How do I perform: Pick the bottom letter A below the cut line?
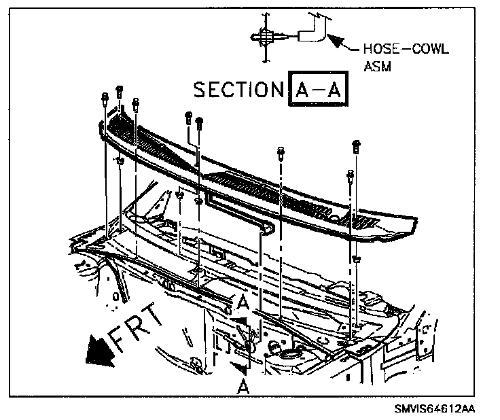(x=242, y=385)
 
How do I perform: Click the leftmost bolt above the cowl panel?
(x=103, y=97)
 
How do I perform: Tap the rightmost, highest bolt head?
(x=355, y=145)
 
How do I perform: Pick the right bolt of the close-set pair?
(x=199, y=123)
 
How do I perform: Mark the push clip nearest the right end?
(x=356, y=259)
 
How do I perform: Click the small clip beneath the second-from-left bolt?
(x=120, y=161)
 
